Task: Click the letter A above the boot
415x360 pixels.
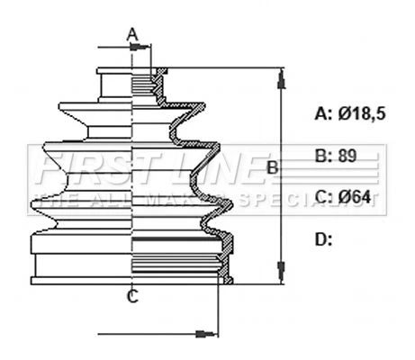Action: pyautogui.click(x=132, y=34)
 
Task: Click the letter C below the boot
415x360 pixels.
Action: pyautogui.click(x=132, y=297)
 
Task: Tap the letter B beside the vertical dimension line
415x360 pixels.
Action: pyautogui.click(x=273, y=167)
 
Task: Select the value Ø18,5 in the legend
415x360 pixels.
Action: pyautogui.click(x=362, y=113)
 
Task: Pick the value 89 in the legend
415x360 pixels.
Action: pyautogui.click(x=347, y=156)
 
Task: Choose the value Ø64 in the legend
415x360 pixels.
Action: pyautogui.click(x=355, y=197)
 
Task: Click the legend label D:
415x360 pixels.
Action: pyautogui.click(x=323, y=239)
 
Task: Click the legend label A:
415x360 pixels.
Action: pyautogui.click(x=323, y=113)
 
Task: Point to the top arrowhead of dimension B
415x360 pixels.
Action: pyautogui.click(x=281, y=78)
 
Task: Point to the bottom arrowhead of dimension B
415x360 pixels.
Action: pyautogui.click(x=281, y=272)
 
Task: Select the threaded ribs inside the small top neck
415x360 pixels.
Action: pyautogui.click(x=143, y=85)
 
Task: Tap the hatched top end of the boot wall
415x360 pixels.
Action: pyautogui.click(x=162, y=71)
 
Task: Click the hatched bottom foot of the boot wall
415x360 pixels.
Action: pyautogui.click(x=229, y=281)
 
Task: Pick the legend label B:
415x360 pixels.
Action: pyautogui.click(x=323, y=156)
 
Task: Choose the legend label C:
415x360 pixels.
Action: pyautogui.click(x=323, y=197)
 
